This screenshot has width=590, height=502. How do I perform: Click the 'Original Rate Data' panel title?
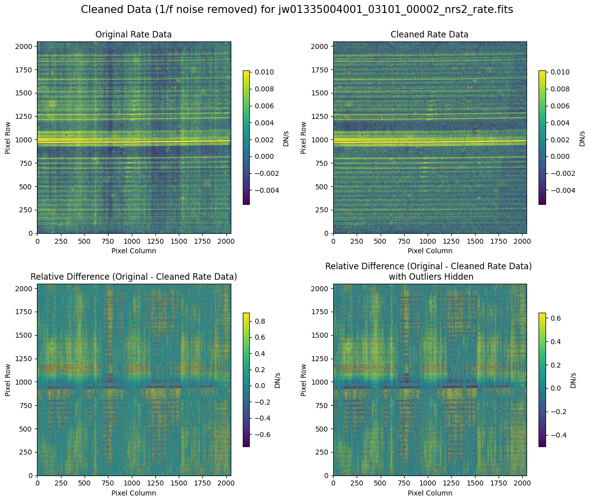133,34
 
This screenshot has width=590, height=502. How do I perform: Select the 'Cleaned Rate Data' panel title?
430,34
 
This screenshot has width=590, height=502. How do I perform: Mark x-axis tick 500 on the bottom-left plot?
84,483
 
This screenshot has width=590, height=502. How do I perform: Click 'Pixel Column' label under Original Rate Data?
133,251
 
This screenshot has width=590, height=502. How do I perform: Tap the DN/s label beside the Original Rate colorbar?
286,137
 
